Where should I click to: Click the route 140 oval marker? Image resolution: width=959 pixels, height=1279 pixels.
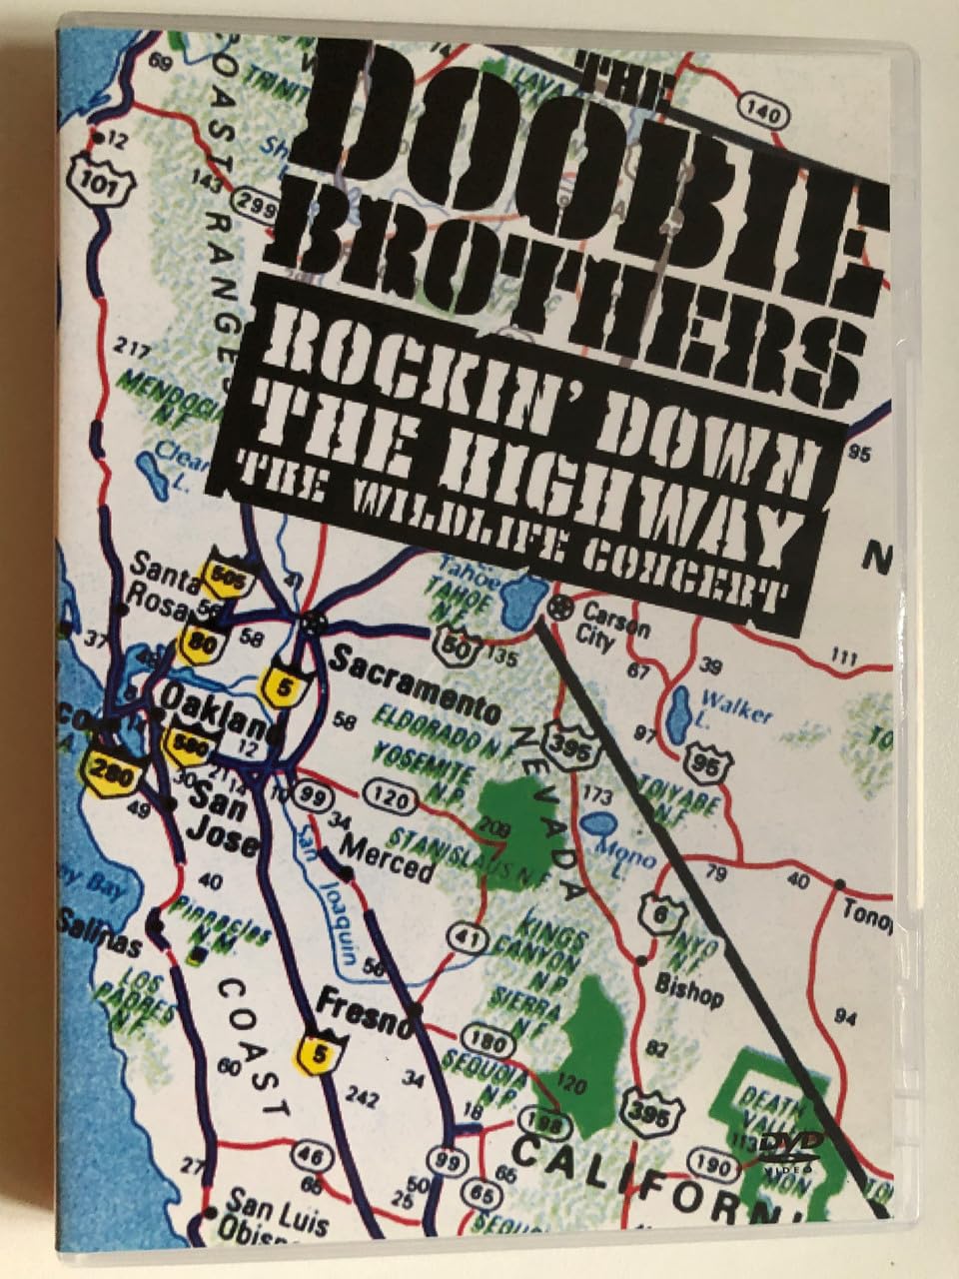(x=764, y=114)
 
